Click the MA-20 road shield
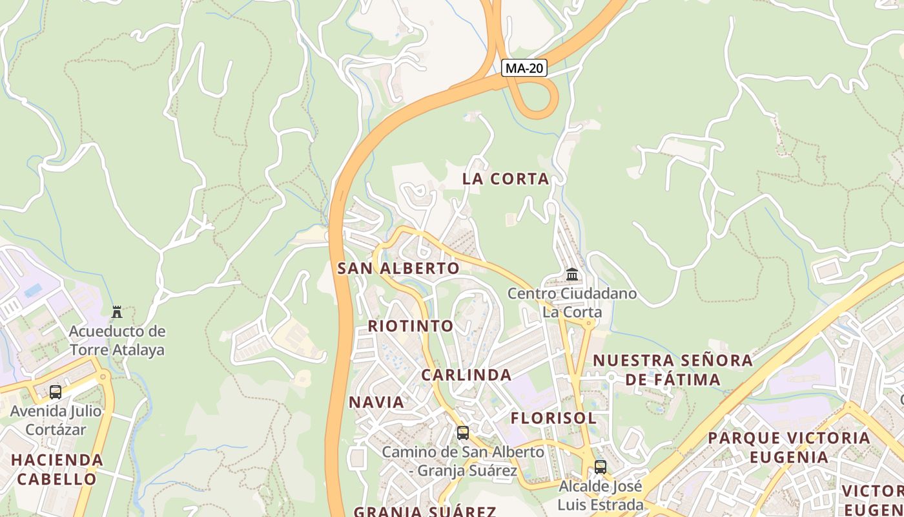click(524, 68)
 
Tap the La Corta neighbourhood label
click(506, 179)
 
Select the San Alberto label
click(398, 268)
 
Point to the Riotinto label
click(411, 326)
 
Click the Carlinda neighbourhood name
click(466, 375)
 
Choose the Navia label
click(376, 402)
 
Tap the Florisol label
click(553, 418)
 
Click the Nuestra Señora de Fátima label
click(673, 370)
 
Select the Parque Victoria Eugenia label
click(789, 447)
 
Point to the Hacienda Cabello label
click(57, 470)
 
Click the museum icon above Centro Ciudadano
click(572, 275)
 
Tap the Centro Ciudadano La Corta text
click(572, 303)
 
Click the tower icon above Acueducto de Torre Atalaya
click(117, 312)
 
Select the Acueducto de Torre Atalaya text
click(117, 341)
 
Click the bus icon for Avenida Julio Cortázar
click(56, 392)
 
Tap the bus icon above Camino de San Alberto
click(463, 433)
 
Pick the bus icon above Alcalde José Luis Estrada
click(601, 467)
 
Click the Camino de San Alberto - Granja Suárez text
click(463, 461)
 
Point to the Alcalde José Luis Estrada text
click(601, 495)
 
